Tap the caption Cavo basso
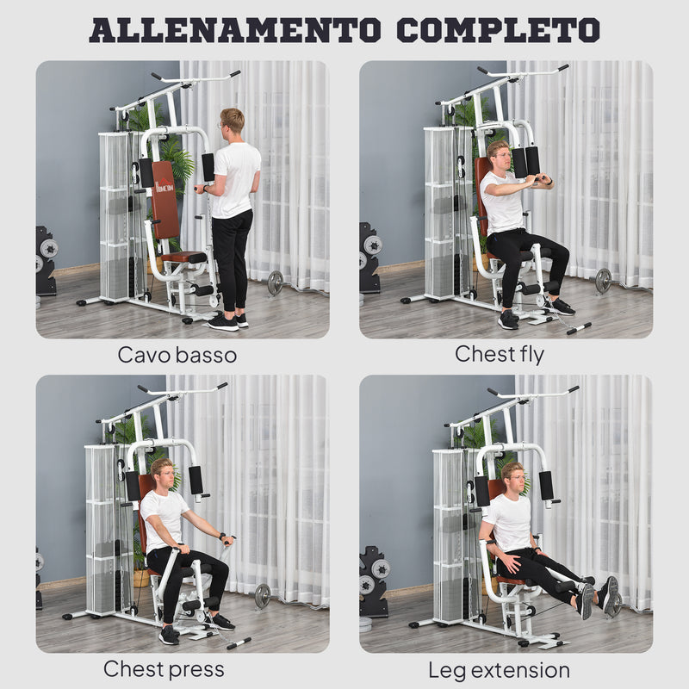coord(177,354)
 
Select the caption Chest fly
coord(500,354)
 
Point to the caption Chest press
coord(164,668)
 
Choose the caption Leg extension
coord(499,669)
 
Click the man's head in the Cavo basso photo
coord(231,120)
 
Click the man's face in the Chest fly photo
coord(499,156)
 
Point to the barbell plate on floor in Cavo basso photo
coord(275,282)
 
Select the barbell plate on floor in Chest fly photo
coord(603,280)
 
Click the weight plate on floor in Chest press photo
coord(262,595)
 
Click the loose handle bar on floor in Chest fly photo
coord(578,328)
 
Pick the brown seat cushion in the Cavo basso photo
coord(184,257)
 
